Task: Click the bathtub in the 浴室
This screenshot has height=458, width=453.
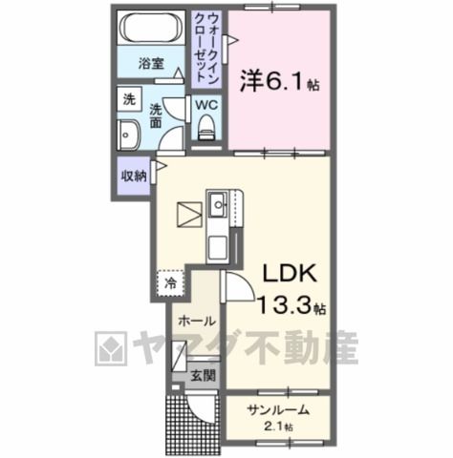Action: pyautogui.click(x=151, y=28)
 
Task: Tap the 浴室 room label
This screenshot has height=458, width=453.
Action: pyautogui.click(x=151, y=64)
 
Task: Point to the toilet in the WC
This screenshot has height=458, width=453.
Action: pyautogui.click(x=206, y=127)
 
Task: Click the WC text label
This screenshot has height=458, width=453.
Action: pyautogui.click(x=206, y=105)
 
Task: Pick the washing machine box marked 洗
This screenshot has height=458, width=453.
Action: pyautogui.click(x=129, y=99)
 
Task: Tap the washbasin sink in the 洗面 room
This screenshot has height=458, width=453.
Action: pyautogui.click(x=128, y=135)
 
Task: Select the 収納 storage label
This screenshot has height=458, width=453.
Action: pyautogui.click(x=134, y=176)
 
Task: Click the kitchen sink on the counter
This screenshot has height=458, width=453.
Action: pyautogui.click(x=218, y=203)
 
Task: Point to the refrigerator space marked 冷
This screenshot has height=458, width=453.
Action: pyautogui.click(x=171, y=283)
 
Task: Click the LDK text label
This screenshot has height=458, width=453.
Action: pyautogui.click(x=290, y=273)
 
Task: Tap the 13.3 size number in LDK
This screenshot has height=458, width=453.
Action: pyautogui.click(x=284, y=304)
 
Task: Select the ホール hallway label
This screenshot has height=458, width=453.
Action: pyautogui.click(x=196, y=322)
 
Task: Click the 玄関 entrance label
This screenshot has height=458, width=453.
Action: pyautogui.click(x=204, y=376)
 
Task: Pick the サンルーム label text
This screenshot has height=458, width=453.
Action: pyautogui.click(x=278, y=410)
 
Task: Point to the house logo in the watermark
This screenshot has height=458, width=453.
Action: pyautogui.click(x=111, y=348)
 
